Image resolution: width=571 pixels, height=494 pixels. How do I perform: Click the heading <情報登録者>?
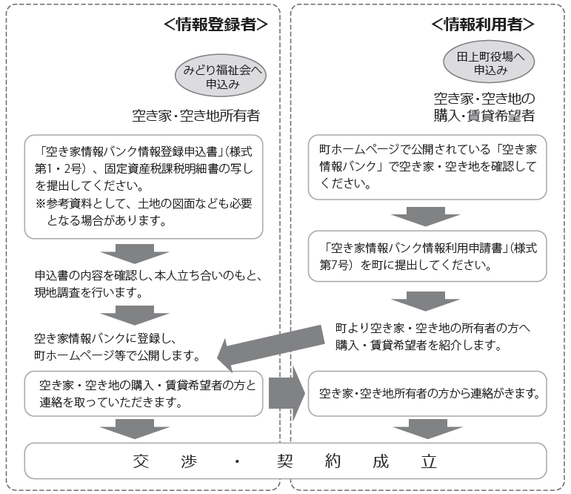(216, 24)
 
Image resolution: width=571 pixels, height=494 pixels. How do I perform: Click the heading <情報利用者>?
(483, 24)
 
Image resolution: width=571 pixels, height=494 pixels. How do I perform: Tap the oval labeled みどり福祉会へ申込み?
(221, 76)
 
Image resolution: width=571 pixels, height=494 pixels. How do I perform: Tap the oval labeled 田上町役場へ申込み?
(489, 62)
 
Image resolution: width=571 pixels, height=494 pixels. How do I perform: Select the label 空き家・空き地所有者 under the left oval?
(196, 116)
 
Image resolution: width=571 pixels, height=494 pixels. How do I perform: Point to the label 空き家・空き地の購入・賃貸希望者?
(484, 107)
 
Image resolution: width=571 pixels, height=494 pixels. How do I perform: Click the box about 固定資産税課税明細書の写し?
(144, 187)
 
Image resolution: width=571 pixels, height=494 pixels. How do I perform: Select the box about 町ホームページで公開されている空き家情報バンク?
(427, 167)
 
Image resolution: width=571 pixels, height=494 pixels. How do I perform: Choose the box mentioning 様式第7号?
(427, 256)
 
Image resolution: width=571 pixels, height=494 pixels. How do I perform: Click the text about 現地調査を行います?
(148, 284)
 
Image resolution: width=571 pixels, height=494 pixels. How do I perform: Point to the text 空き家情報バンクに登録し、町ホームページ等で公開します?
(117, 347)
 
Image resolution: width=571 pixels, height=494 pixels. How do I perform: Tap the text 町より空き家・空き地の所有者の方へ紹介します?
(433, 337)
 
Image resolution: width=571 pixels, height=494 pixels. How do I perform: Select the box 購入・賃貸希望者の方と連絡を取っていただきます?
(144, 394)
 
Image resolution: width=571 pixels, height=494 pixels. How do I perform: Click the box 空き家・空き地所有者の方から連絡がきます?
(427, 394)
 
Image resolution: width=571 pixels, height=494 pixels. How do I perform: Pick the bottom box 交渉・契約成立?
(286, 461)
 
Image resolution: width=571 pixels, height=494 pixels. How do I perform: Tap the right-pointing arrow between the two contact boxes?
(287, 393)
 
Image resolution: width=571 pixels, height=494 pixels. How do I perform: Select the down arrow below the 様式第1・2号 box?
(135, 254)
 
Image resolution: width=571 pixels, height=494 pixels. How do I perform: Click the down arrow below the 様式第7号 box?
(425, 301)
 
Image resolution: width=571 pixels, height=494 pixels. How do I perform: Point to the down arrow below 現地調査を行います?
(135, 315)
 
